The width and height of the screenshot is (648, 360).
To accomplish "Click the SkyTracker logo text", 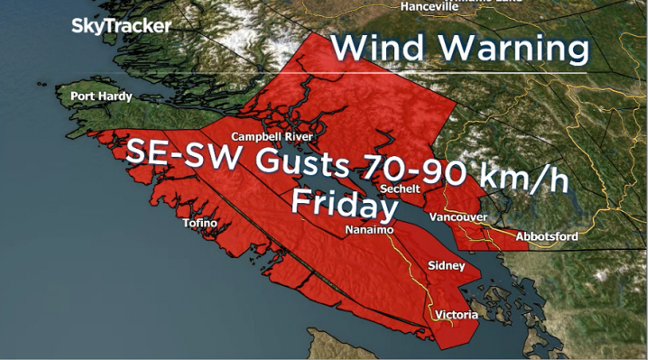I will (x=121, y=26).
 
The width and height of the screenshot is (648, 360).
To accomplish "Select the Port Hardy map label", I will (x=101, y=97).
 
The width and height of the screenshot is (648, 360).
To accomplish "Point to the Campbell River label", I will (x=273, y=136).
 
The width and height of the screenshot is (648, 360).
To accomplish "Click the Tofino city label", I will (x=200, y=222).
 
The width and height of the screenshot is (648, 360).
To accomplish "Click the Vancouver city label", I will (x=458, y=217).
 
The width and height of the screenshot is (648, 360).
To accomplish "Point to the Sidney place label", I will (x=447, y=266).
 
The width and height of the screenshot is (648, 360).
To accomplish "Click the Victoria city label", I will (x=457, y=315).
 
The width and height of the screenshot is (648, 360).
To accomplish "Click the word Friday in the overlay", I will (x=344, y=206).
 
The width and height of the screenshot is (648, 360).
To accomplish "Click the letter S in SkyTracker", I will (x=79, y=26).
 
